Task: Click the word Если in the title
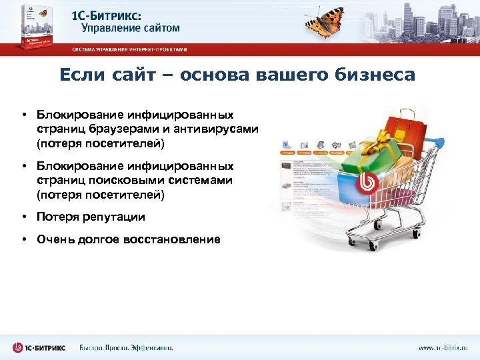pos(79,75)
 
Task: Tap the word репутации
pos(112,217)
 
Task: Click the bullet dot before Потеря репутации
pos(23,217)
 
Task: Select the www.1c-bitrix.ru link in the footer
pos(443,347)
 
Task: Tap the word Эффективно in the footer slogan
pos(151,347)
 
